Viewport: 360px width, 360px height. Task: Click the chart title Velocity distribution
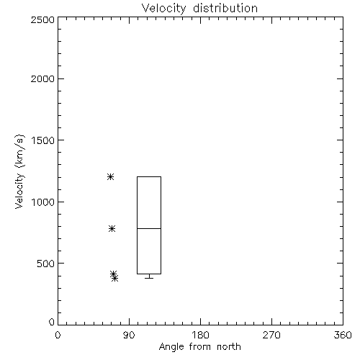[x=199, y=9]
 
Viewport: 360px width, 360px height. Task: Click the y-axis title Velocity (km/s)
[x=19, y=171]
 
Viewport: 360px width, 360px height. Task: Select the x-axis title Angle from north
[x=199, y=347]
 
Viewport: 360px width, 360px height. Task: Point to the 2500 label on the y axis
[x=42, y=19]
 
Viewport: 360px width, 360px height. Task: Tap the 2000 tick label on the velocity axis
[x=42, y=78]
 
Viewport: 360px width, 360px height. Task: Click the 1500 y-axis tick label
[x=43, y=140]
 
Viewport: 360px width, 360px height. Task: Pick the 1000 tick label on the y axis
[x=43, y=202]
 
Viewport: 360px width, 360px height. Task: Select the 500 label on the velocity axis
[x=46, y=264]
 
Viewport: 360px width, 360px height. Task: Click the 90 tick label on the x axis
[x=129, y=335]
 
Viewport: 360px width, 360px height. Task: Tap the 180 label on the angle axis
[x=200, y=335]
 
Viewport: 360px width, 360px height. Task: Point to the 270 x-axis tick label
[x=271, y=335]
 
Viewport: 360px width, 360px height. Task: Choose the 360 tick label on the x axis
[x=343, y=335]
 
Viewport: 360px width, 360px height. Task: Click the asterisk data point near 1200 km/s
[x=110, y=177]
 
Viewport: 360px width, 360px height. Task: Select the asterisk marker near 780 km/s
[x=112, y=228]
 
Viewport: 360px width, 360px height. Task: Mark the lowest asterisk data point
[x=115, y=279]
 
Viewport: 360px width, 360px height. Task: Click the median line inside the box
[x=149, y=228]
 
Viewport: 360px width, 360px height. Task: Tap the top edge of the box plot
[x=149, y=177]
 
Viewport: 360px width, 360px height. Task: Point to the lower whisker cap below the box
[x=149, y=278]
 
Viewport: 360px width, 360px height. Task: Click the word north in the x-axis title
[x=229, y=347]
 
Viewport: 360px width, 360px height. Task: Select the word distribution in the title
[x=225, y=9]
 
